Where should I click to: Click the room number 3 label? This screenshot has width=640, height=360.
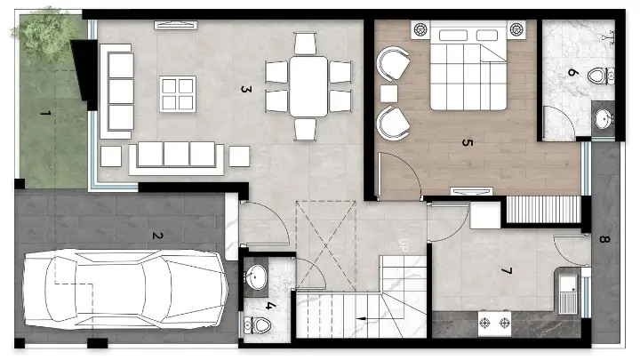point(244,89)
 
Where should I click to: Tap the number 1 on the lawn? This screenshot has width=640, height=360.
point(45,113)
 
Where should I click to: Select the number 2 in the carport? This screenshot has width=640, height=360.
point(157,236)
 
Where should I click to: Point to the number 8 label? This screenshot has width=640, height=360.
point(604,239)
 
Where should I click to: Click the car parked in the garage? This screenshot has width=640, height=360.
point(125,289)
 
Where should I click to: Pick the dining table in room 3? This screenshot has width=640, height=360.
point(308,86)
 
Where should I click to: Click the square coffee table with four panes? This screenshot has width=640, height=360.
point(178,94)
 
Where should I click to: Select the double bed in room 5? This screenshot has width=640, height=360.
point(468,65)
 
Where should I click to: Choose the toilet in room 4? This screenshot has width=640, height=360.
point(257,325)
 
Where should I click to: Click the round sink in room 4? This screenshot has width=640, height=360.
point(256,276)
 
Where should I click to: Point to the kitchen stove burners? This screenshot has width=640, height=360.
point(495,324)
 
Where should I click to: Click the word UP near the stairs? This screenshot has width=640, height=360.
point(404,245)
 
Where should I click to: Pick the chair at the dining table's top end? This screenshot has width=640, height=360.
point(305,44)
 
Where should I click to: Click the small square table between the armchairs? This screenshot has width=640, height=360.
point(388,93)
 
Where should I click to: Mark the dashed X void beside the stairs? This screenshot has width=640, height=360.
point(325,245)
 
